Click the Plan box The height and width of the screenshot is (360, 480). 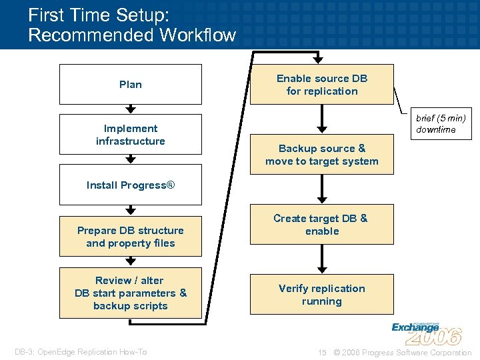(x=131, y=84)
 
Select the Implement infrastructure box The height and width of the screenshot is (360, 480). (x=131, y=135)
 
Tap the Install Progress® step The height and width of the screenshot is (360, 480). (x=131, y=185)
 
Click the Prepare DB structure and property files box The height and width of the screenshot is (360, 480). (x=131, y=237)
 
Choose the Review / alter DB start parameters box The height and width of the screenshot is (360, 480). (x=131, y=293)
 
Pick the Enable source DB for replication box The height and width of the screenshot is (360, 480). (x=322, y=85)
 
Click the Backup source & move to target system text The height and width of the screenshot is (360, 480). (x=322, y=155)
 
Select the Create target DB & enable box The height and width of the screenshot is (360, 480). (x=322, y=225)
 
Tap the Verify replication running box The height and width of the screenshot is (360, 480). (x=322, y=295)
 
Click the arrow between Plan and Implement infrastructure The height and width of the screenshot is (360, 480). (x=131, y=109)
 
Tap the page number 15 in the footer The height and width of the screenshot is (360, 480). (x=322, y=352)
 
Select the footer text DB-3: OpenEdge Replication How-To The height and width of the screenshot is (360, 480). (x=81, y=352)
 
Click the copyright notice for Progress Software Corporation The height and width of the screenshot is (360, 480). (x=403, y=352)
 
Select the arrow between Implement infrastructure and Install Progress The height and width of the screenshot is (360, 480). (x=131, y=159)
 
